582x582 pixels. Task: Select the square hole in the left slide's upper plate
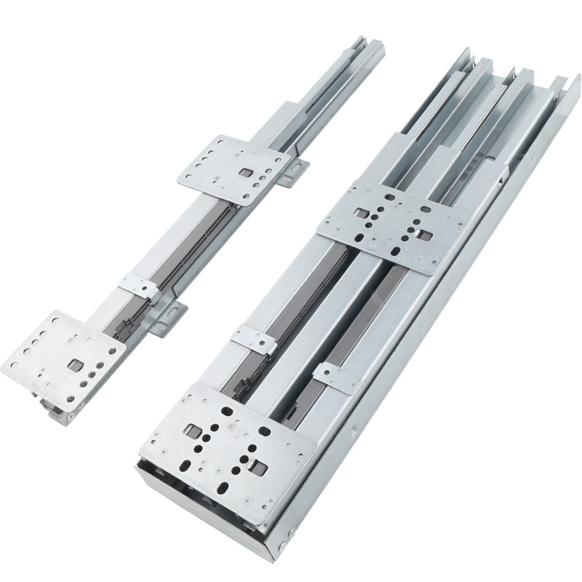pyautogui.click(x=248, y=173)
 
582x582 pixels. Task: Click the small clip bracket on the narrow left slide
pyautogui.click(x=139, y=287)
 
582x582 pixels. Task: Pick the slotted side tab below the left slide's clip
pyautogui.click(x=167, y=318)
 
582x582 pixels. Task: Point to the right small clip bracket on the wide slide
pyautogui.click(x=336, y=377)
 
